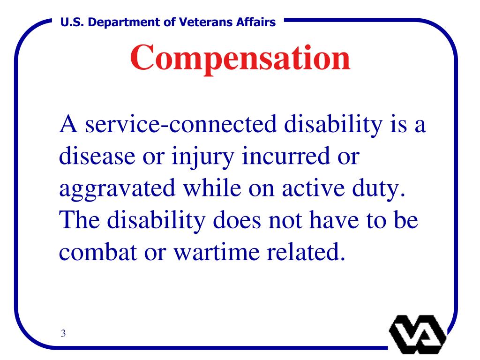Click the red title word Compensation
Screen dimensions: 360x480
pos(240,58)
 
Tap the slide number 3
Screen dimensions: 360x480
pos(63,334)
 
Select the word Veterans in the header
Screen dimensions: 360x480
pos(199,22)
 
